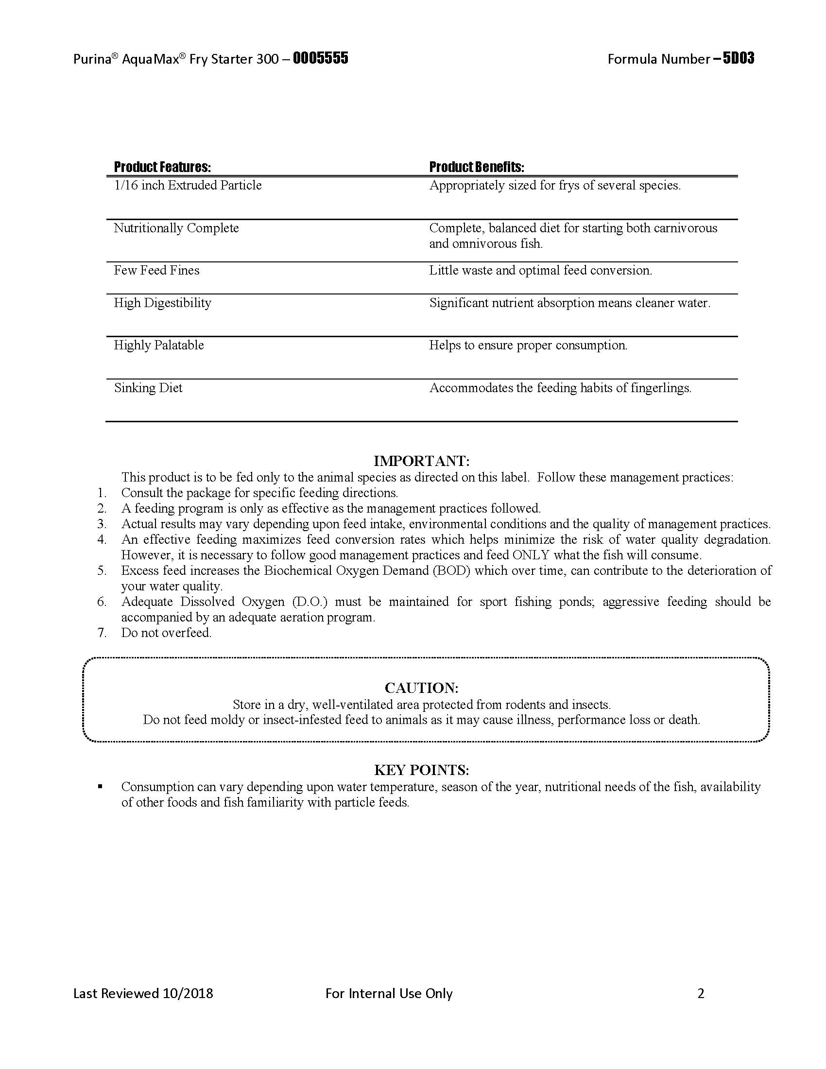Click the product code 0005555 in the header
click(321, 59)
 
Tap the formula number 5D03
click(739, 59)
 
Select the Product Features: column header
click(162, 168)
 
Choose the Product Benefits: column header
click(476, 168)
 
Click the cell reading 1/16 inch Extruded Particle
click(188, 186)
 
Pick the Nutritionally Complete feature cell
click(176, 228)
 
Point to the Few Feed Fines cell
click(156, 270)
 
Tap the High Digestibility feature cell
click(162, 303)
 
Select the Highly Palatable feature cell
click(158, 345)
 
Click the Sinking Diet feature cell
click(148, 388)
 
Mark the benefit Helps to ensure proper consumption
click(528, 345)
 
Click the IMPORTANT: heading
click(421, 461)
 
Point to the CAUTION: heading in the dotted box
click(421, 688)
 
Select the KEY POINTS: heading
click(421, 770)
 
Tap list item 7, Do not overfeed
click(166, 632)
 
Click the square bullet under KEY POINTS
click(100, 787)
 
